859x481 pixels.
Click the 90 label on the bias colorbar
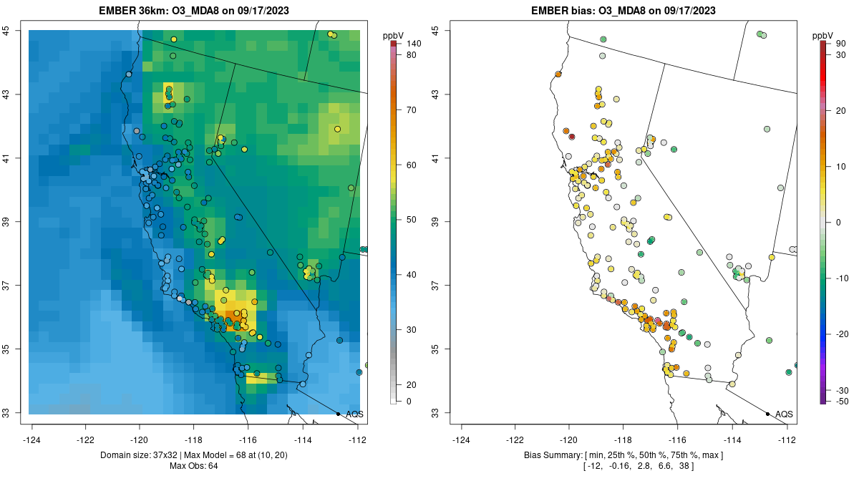pyautogui.click(x=840, y=44)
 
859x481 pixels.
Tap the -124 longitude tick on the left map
pyautogui.click(x=32, y=439)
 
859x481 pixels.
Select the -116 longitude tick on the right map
pyautogui.click(x=678, y=439)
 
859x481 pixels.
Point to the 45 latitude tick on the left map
pyautogui.click(x=6, y=30)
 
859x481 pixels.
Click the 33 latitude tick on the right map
pyautogui.click(x=435, y=413)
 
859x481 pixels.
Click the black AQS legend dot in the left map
pyautogui.click(x=338, y=414)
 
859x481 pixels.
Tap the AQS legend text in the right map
pyautogui.click(x=784, y=414)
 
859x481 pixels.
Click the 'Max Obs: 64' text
pyautogui.click(x=194, y=466)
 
